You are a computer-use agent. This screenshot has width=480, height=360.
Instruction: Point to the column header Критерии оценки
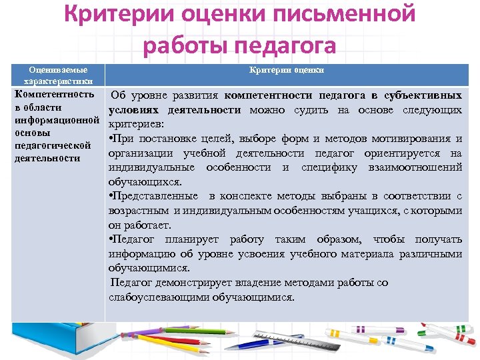click(x=287, y=69)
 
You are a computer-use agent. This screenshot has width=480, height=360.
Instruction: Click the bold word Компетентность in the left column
click(x=54, y=95)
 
